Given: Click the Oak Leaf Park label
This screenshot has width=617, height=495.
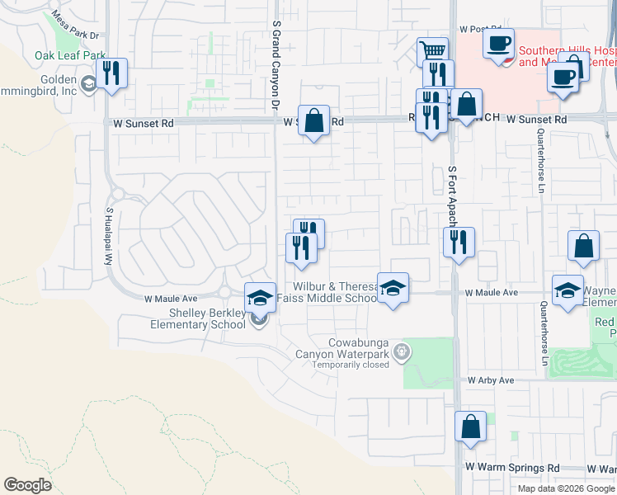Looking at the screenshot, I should tap(63, 56).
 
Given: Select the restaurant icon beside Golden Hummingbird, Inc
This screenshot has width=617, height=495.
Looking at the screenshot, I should tap(110, 73).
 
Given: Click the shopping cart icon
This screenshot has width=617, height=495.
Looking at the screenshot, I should tap(432, 51).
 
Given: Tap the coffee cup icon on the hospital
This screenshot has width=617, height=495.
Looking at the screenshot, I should tap(498, 43).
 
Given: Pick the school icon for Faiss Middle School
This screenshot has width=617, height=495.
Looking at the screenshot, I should tap(393, 288).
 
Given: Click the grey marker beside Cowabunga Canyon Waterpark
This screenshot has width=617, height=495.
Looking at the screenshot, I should tap(402, 351).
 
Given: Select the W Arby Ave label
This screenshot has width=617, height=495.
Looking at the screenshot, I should tap(491, 380).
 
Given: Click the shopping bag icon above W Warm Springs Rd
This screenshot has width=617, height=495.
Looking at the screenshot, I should tap(470, 427).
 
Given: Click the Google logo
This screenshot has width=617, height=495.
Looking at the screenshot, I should tap(27, 485).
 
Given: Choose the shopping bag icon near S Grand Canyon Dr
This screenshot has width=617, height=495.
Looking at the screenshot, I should tap(313, 120).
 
